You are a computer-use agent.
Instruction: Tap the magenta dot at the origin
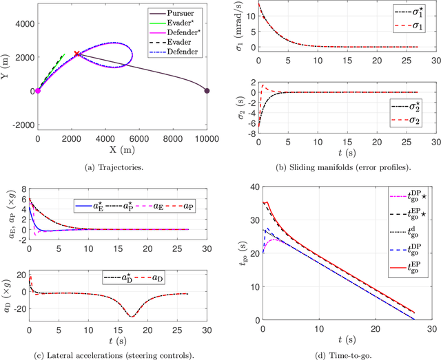tap(38, 90)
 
